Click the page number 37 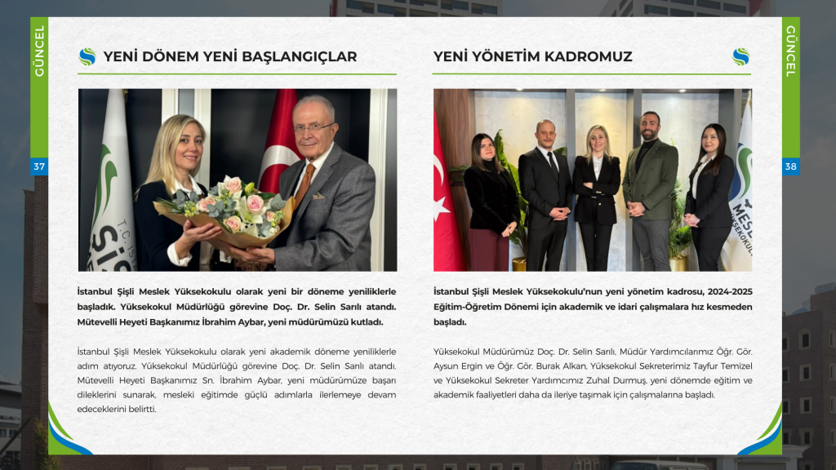coord(38,166)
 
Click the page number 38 coord(790,166)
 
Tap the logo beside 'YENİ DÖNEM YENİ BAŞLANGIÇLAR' coord(87,56)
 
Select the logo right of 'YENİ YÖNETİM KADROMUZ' coord(740,56)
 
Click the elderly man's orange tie coord(305,183)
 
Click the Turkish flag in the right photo coord(447,204)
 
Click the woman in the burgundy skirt coord(490,204)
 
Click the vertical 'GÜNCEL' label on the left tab coord(38,51)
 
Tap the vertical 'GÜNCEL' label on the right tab coord(790,51)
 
